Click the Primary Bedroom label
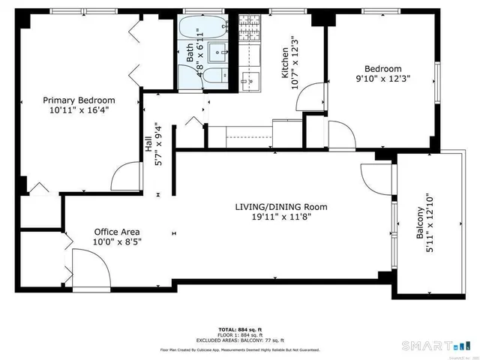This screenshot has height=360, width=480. (x=79, y=100)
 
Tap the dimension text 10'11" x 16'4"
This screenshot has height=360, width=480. (x=79, y=111)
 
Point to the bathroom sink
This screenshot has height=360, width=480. (x=218, y=52)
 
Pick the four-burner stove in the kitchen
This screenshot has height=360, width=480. (x=249, y=30)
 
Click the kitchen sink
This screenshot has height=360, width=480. (x=249, y=74)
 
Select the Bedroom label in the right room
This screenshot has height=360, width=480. (x=379, y=68)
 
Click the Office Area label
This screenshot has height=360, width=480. (x=116, y=232)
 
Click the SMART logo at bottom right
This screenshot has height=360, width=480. (x=439, y=346)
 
